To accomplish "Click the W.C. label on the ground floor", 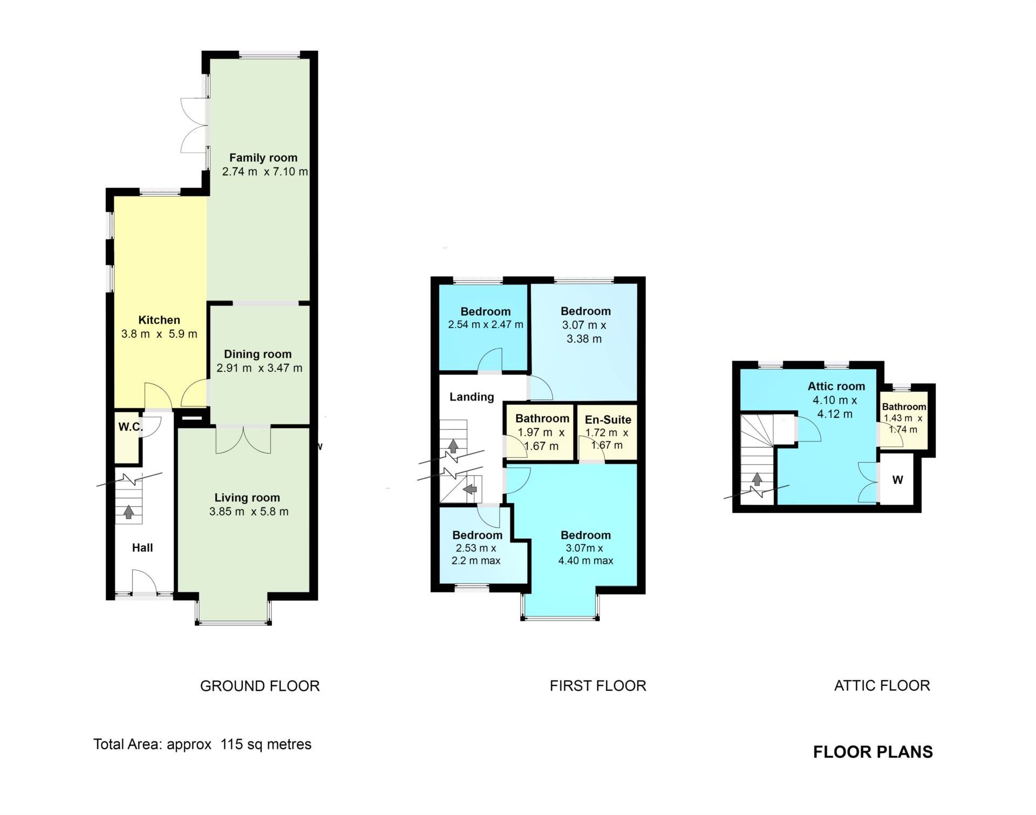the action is (x=131, y=427).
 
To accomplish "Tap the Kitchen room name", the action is (x=159, y=320).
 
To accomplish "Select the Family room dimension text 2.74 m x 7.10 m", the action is (x=265, y=172).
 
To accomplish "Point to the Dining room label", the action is (x=258, y=354).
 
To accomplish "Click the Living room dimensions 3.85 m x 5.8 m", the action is (x=249, y=512).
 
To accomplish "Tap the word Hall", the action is (x=142, y=548).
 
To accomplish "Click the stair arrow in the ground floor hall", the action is (x=128, y=511).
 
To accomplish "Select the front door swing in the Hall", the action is (x=144, y=581).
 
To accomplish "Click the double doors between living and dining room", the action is (x=243, y=440).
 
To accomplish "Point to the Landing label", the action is (x=472, y=397).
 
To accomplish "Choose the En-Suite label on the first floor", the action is (x=608, y=419).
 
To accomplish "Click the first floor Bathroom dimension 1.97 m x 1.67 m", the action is (x=541, y=439).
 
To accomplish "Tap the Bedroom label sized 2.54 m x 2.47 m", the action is (x=486, y=311).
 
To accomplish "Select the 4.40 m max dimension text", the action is (x=585, y=561).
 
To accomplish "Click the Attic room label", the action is (x=836, y=386).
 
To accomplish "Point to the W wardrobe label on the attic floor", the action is (x=897, y=480).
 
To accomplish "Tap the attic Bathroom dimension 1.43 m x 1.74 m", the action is (x=903, y=424).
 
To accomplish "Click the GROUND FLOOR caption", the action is (x=260, y=686).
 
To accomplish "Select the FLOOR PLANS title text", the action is (x=873, y=752).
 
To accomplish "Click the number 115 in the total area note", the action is (x=231, y=744).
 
